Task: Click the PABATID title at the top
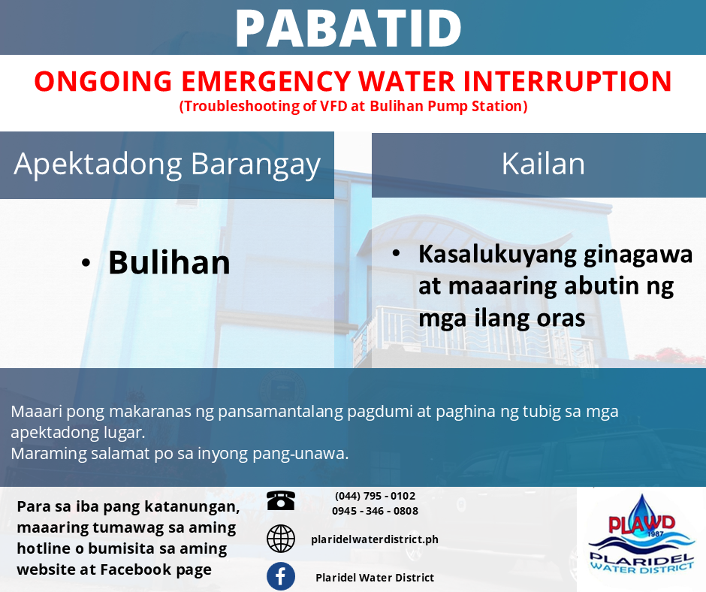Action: pyautogui.click(x=348, y=29)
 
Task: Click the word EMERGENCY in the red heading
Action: pyautogui.click(x=266, y=82)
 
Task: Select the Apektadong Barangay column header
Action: pyautogui.click(x=167, y=164)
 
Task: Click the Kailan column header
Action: pyautogui.click(x=543, y=164)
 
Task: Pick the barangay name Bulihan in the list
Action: pyautogui.click(x=169, y=262)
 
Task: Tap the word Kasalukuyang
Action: pyautogui.click(x=497, y=255)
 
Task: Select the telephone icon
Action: pyautogui.click(x=281, y=500)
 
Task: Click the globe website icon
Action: pyautogui.click(x=281, y=539)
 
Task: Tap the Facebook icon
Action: pyautogui.click(x=281, y=576)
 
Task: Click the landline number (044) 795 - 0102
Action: pyautogui.click(x=375, y=496)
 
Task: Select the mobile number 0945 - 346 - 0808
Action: pyautogui.click(x=375, y=511)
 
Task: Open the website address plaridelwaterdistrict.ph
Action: pyautogui.click(x=375, y=539)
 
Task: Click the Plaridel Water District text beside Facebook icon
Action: pyautogui.click(x=375, y=578)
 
